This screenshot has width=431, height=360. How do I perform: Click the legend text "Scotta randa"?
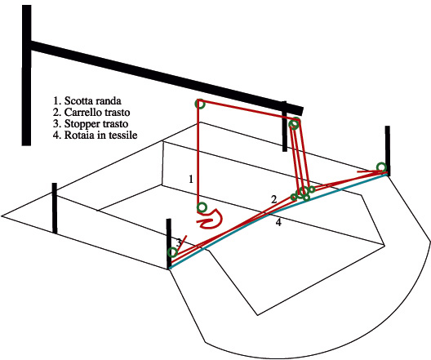click(x=92, y=101)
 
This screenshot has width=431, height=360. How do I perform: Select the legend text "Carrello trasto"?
click(x=97, y=113)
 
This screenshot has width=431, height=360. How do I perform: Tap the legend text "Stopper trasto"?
click(x=96, y=124)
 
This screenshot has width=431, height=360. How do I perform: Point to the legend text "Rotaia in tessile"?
click(x=100, y=136)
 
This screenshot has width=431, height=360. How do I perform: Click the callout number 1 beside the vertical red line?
click(x=191, y=179)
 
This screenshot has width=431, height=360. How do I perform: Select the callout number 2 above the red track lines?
click(x=273, y=199)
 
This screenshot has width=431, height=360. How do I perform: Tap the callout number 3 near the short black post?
click(x=179, y=242)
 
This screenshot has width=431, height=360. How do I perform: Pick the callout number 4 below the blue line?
click(x=278, y=222)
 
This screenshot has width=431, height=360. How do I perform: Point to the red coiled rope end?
click(x=211, y=219)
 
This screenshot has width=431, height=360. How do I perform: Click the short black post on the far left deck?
click(x=55, y=208)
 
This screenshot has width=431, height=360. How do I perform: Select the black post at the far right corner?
click(x=387, y=150)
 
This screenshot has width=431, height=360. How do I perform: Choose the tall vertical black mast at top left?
click(x=26, y=75)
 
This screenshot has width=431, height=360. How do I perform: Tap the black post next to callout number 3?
click(x=169, y=244)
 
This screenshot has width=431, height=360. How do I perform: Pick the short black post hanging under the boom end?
click(x=285, y=127)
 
